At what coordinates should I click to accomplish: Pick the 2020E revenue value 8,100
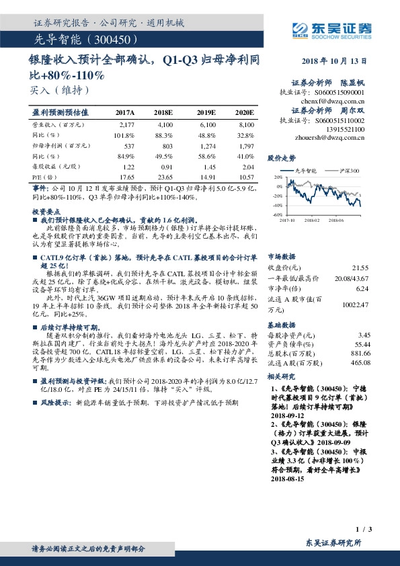pos(246,125)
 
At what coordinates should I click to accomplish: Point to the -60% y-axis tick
pos(278,214)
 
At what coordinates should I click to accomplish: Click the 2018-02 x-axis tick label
pos(311,219)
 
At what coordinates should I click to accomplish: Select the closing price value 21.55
pos(362,268)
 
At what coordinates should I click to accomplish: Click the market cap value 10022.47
pos(357,305)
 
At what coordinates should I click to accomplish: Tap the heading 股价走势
pos(281,159)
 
